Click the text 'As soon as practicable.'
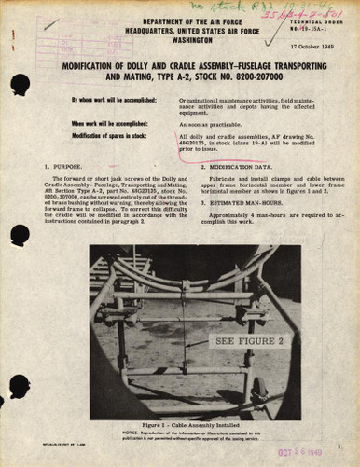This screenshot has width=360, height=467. coord(211,124)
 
